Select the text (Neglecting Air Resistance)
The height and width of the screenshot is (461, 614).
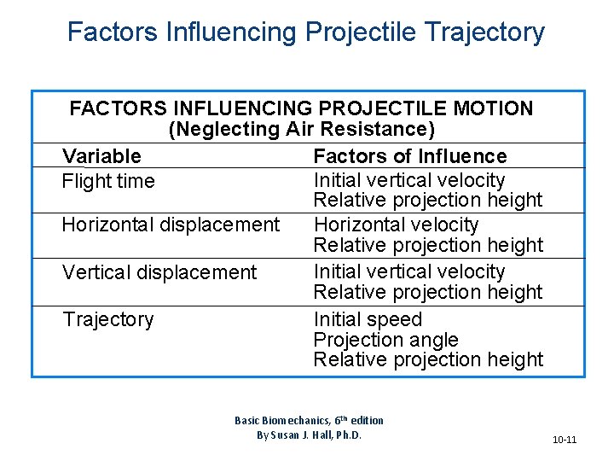[x=302, y=130]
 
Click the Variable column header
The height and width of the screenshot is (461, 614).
[x=101, y=156]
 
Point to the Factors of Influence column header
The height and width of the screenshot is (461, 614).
[x=409, y=156]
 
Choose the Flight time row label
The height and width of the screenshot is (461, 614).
[x=108, y=181]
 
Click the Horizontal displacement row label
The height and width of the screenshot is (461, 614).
[x=171, y=225]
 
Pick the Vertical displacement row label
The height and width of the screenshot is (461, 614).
[x=159, y=272]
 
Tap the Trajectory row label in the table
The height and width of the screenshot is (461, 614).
[x=107, y=319]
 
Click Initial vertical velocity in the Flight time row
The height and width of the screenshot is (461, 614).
[x=409, y=180]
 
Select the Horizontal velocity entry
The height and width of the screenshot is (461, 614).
[x=396, y=225]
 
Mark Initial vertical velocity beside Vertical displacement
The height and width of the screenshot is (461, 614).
[x=409, y=271]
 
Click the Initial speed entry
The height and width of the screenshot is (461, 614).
[x=368, y=319]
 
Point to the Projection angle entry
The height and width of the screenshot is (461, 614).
[x=385, y=340]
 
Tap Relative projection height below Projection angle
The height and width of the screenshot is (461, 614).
[x=427, y=359]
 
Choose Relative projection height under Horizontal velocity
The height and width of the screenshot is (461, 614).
[x=427, y=245]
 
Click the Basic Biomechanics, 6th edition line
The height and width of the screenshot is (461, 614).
[x=309, y=420]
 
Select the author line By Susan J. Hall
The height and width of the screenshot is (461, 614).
[x=309, y=435]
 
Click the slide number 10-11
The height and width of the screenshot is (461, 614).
[x=564, y=440]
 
